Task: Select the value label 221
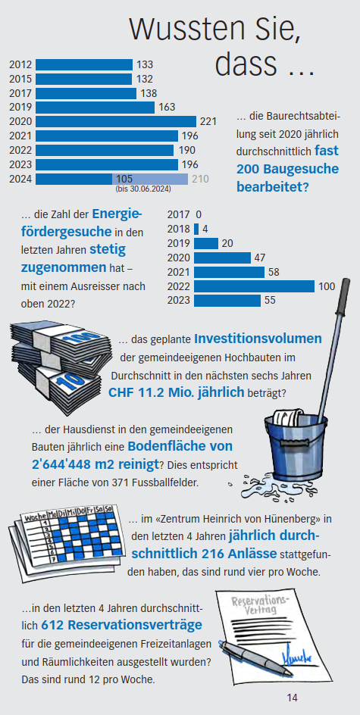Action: pyautogui.click(x=208, y=121)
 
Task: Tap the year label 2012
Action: pyautogui.click(x=20, y=64)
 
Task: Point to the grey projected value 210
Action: pyautogui.click(x=200, y=179)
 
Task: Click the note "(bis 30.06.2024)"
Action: pyautogui.click(x=143, y=189)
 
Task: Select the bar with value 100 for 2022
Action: pyautogui.click(x=254, y=286)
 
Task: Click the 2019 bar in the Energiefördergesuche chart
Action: pyautogui.click(x=205, y=243)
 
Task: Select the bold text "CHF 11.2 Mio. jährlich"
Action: pyautogui.click(x=176, y=392)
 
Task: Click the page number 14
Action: pyautogui.click(x=292, y=697)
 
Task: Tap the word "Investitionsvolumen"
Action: pyautogui.click(x=258, y=339)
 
